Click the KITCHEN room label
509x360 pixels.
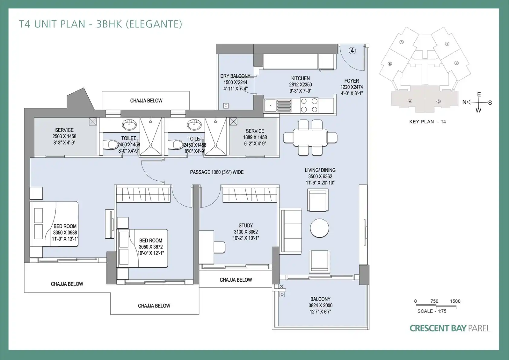300,78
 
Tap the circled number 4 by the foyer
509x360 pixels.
352,51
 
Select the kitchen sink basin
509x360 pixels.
271,106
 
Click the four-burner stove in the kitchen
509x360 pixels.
309,105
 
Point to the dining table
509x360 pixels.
310,138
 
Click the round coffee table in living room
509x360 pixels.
319,228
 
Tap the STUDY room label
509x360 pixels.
246,225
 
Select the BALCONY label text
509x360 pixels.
320,299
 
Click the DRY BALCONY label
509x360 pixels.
235,76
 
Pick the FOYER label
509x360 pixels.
352,81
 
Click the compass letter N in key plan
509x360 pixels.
465,102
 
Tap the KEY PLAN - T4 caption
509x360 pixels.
428,122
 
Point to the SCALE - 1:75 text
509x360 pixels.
432,311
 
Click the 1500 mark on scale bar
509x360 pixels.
455,301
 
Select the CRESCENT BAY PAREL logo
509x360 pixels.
450,328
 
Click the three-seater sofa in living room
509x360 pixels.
291,231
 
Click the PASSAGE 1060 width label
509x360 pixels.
217,172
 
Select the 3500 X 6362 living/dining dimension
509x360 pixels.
320,176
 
